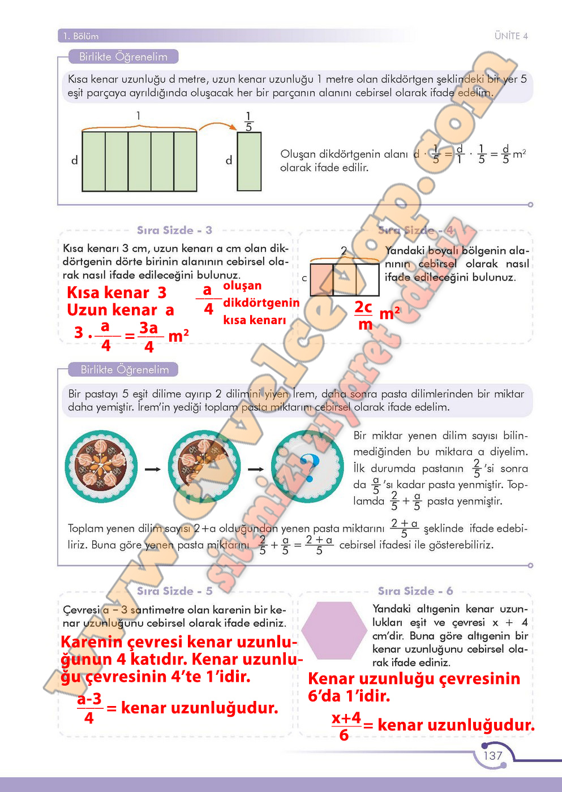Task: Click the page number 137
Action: pyautogui.click(x=492, y=755)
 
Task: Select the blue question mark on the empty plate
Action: pyautogui.click(x=310, y=467)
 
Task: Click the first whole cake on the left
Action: pyautogui.click(x=101, y=467)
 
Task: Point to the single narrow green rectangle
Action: pyautogui.click(x=249, y=161)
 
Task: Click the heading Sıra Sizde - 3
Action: pyautogui.click(x=174, y=230)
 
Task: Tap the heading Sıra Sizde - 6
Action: pyautogui.click(x=415, y=591)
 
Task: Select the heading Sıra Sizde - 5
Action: pyautogui.click(x=174, y=591)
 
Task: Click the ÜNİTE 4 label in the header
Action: pyautogui.click(x=510, y=36)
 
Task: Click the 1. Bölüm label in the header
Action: pyautogui.click(x=81, y=36)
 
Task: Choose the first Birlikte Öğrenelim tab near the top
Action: pyautogui.click(x=123, y=57)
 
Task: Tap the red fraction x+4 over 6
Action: pyautogui.click(x=346, y=726)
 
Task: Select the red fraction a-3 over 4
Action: pyautogui.click(x=89, y=708)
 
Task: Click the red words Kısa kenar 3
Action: pyautogui.click(x=117, y=292)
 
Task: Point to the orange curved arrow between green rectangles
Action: pyautogui.click(x=217, y=125)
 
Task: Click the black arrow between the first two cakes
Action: pyautogui.click(x=152, y=469)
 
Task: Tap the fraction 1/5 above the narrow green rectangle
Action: pyautogui.click(x=248, y=121)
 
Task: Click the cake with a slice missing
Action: pyautogui.click(x=204, y=467)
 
